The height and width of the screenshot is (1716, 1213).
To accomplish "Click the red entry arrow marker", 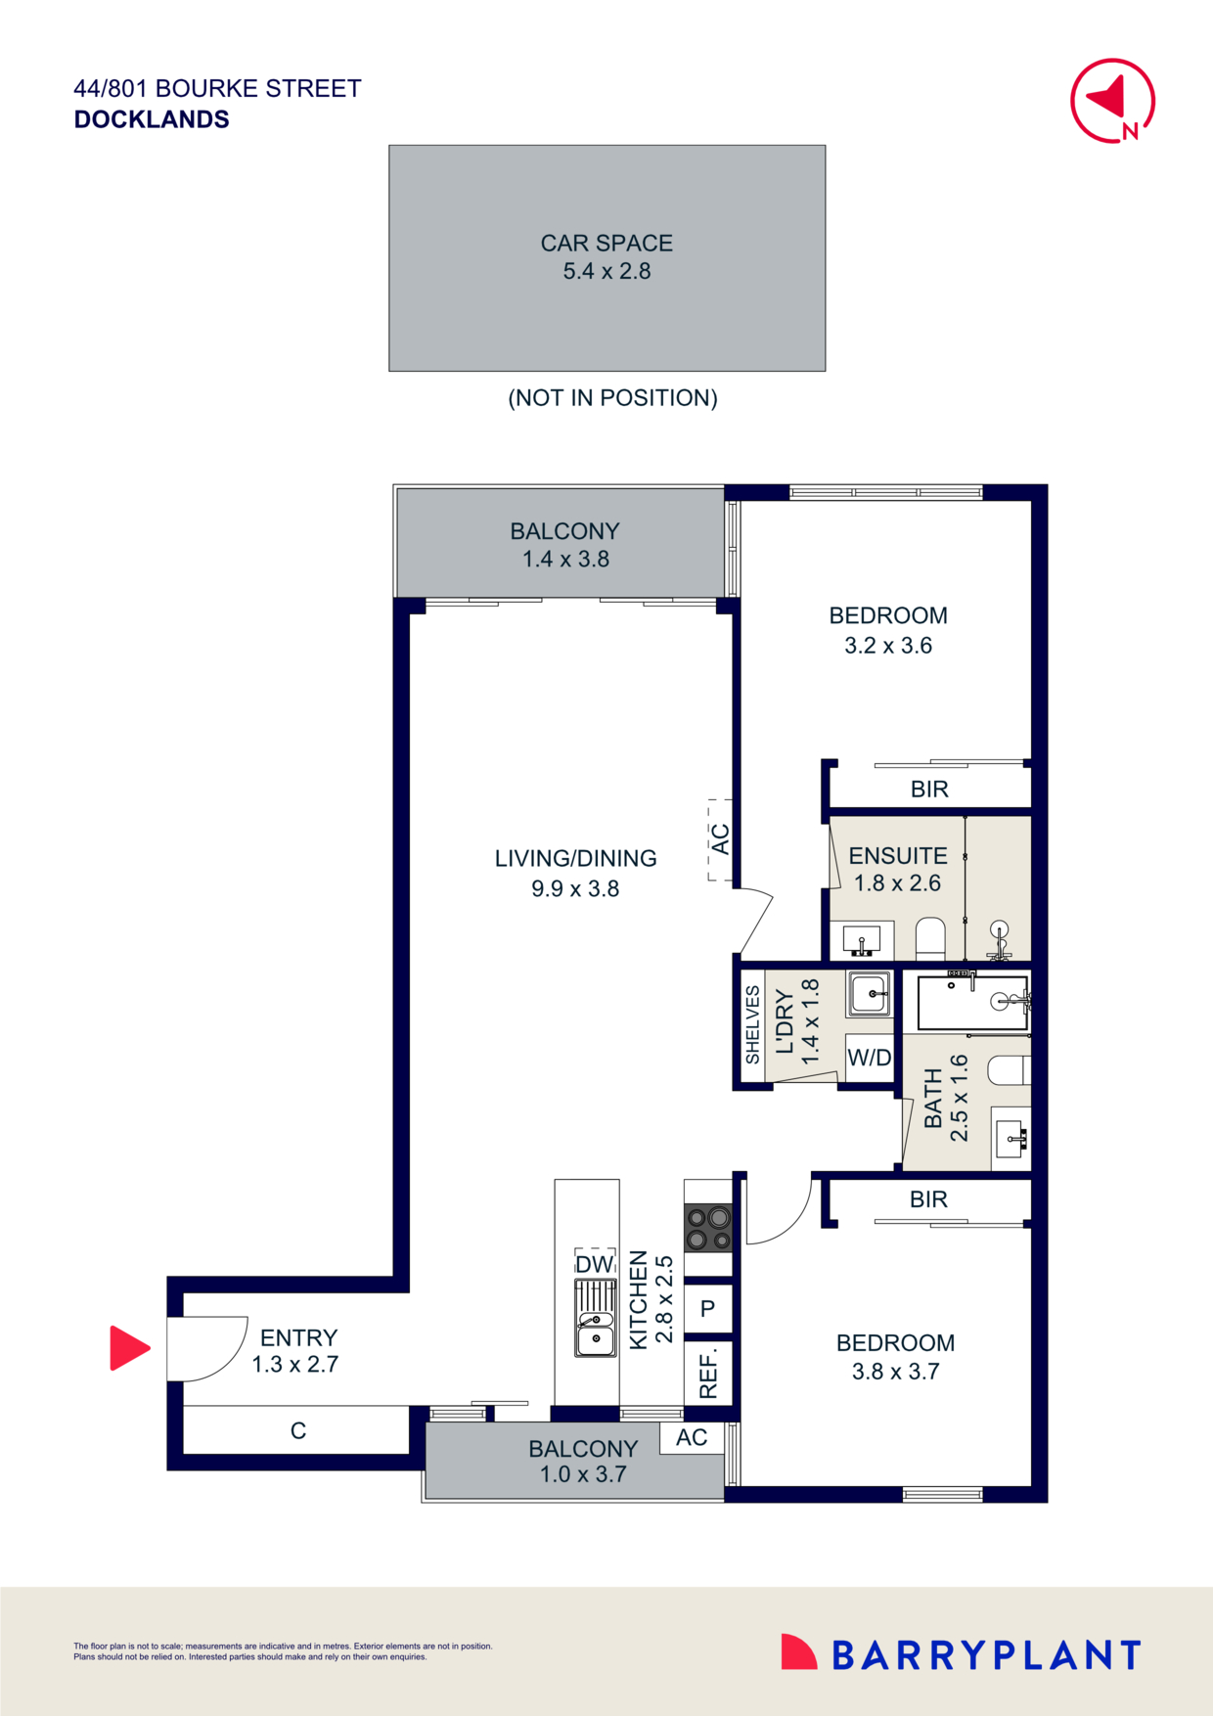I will point(128,1348).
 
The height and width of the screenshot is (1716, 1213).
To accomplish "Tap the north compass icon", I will point(1112,101).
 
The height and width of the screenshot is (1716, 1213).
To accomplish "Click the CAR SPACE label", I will point(606,244).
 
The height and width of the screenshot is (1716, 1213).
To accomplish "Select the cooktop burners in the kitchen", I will point(708,1229).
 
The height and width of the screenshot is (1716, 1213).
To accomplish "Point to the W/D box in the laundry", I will point(869,1058).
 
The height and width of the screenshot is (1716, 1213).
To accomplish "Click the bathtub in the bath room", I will point(972,1003).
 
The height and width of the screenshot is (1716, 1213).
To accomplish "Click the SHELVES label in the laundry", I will point(752,1024).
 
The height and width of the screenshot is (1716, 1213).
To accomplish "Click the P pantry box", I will point(708,1309).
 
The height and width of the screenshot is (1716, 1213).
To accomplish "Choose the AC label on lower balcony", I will point(692,1438).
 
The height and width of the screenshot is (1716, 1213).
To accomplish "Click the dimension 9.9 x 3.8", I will point(575,889).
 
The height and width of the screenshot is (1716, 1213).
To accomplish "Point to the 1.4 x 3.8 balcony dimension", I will point(565,560).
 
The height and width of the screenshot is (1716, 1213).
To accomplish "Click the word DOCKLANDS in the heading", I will point(152,119).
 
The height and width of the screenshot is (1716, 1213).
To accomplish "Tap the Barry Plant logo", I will point(961,1654).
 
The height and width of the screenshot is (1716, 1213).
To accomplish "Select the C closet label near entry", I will point(298,1431).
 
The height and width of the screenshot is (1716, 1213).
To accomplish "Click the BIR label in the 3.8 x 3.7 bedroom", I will point(928,1199).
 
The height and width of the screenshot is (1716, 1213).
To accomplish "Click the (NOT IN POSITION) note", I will point(612,398).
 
